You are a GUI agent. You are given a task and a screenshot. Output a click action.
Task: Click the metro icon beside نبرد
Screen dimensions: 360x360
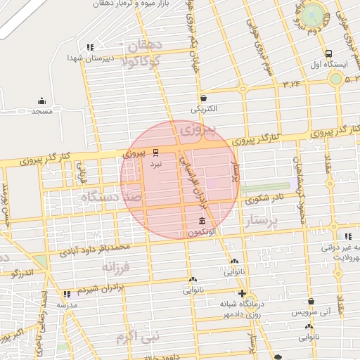pyautogui.click(x=155, y=152)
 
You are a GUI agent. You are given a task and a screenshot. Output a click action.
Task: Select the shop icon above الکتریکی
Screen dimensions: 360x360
pyautogui.click(x=203, y=98)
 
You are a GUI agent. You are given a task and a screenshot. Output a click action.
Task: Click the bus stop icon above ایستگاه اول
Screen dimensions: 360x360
pyautogui.click(x=328, y=53)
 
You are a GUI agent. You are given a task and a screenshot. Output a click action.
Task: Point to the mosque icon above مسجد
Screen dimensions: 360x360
pyautogui.click(x=42, y=101)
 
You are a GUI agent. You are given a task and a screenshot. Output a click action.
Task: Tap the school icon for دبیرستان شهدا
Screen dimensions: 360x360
pyautogui.click(x=90, y=48)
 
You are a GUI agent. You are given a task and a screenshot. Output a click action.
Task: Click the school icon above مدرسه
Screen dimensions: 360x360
pyautogui.click(x=67, y=295)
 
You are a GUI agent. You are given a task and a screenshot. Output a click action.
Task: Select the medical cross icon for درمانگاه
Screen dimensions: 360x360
pyautogui.click(x=242, y=293)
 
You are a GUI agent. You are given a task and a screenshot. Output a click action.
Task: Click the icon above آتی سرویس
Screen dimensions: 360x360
pyautogui.click(x=311, y=300)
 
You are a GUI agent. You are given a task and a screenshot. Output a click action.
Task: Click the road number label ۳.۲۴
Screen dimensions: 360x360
pyautogui.click(x=291, y=84)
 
